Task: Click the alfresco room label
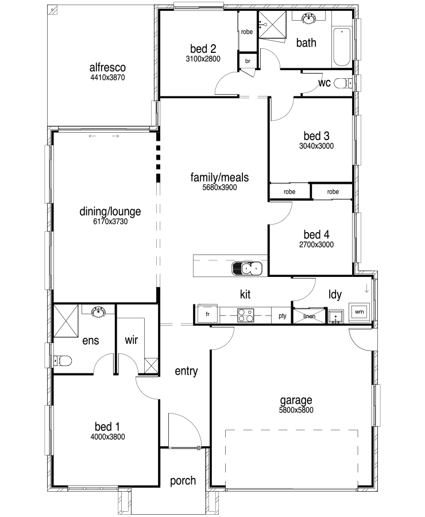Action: [107, 67]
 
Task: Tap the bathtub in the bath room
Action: [341, 48]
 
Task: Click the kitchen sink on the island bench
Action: [247, 268]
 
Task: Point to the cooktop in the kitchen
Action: [246, 315]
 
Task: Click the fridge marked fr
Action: [207, 314]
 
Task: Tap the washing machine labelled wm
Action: [359, 311]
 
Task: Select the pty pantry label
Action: [282, 316]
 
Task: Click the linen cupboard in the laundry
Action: [309, 316]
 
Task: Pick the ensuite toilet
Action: [63, 361]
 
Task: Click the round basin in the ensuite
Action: [98, 311]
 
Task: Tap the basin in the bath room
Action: [309, 18]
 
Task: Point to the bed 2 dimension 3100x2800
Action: [203, 59]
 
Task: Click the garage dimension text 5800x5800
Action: [296, 410]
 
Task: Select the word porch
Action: [183, 481]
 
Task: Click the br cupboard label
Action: [248, 61]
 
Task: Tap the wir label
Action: [131, 339]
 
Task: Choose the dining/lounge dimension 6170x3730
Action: [110, 222]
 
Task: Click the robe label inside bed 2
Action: [246, 32]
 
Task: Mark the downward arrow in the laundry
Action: [366, 289]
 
